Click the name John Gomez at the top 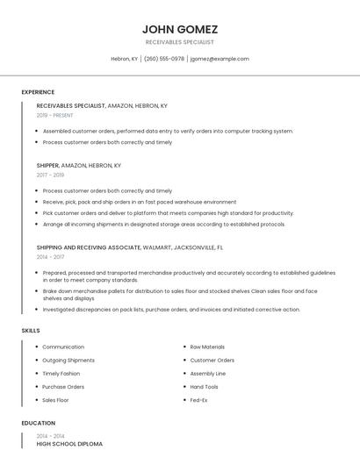(179, 29)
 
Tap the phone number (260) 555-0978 (164, 59)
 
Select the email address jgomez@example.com (220, 59)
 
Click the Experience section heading (38, 92)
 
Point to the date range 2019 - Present (55, 115)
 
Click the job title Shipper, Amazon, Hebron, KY (79, 165)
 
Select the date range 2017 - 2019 (50, 175)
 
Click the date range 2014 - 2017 (50, 257)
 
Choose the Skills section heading (31, 330)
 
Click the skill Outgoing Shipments (68, 360)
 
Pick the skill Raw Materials (207, 347)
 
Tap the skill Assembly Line (208, 373)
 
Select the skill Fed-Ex (199, 399)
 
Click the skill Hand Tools (205, 386)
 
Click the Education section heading (37, 423)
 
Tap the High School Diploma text (69, 444)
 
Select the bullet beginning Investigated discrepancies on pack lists (171, 309)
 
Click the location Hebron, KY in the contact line (124, 59)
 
